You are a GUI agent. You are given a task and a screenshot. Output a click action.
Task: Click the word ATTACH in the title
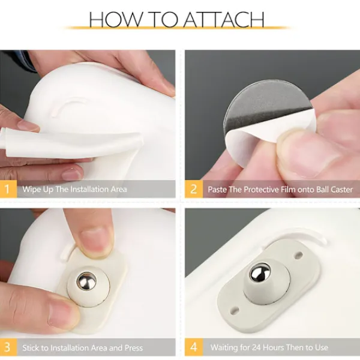(x=224, y=19)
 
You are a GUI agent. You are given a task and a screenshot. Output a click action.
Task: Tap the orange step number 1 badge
(x=8, y=189)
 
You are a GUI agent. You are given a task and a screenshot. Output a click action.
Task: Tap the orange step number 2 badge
(x=194, y=189)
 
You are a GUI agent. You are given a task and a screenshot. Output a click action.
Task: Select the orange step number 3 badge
(x=8, y=347)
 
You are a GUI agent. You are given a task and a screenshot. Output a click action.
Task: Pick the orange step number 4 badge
(x=194, y=347)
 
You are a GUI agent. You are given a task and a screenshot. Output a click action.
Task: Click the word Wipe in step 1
(x=31, y=190)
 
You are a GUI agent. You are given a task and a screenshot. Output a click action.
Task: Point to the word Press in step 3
(x=134, y=348)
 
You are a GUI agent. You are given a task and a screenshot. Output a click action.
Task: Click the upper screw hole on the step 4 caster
(x=298, y=254)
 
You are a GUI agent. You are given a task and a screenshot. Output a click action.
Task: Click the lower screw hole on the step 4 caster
(x=235, y=311)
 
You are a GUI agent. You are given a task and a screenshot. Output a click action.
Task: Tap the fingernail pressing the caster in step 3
(x=95, y=241)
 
